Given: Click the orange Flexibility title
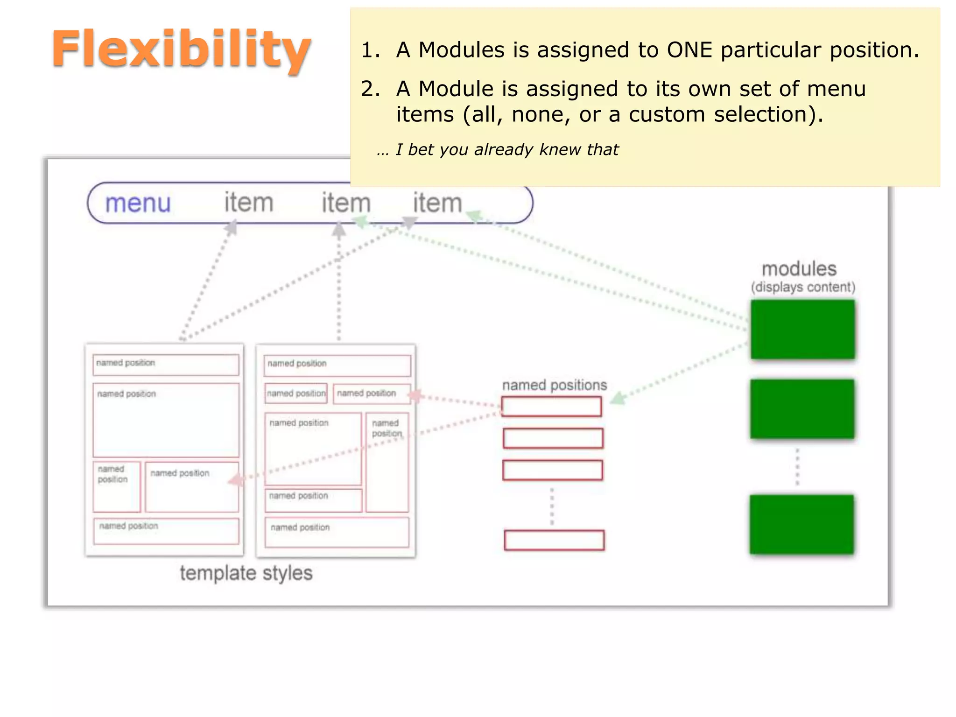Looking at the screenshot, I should [x=181, y=49].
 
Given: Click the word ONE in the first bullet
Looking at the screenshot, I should [x=689, y=50].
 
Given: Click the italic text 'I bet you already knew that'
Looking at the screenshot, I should [x=506, y=149].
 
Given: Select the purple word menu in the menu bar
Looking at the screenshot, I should [x=138, y=204].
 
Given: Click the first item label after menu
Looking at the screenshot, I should [x=248, y=203].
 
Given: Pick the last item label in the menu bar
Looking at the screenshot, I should [x=437, y=203].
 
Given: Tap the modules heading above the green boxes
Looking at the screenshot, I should [x=799, y=269].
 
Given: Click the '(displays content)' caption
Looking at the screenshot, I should [x=803, y=287].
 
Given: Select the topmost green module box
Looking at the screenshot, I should [x=802, y=329].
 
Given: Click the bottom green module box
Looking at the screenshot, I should [x=801, y=524].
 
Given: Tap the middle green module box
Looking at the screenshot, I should [x=802, y=408].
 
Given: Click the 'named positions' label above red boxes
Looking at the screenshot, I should [x=554, y=385].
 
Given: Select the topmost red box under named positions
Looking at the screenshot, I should [x=551, y=406].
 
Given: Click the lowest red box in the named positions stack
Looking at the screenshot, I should [x=554, y=540].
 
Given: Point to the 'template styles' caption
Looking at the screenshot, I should [x=246, y=573].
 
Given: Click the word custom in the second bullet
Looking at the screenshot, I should [x=667, y=114].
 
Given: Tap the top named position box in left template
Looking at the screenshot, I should [x=166, y=365].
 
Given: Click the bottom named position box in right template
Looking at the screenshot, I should [x=337, y=532].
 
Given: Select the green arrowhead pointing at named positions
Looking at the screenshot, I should [x=617, y=399].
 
